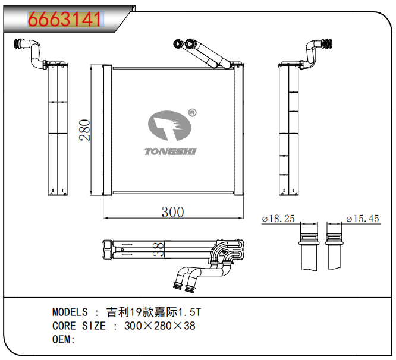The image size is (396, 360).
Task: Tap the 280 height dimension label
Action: [x=84, y=130]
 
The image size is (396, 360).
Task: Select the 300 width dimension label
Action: [x=173, y=212]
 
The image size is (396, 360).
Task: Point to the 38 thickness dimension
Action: [x=159, y=250]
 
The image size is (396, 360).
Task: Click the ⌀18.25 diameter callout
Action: [x=278, y=219]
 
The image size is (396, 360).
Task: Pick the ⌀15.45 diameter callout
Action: [x=363, y=219]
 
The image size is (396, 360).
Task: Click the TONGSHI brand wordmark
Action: [x=171, y=151]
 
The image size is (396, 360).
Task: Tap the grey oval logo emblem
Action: [x=169, y=125]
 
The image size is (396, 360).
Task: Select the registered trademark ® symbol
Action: [x=193, y=113]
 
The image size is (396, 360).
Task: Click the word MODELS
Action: [x=70, y=312]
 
